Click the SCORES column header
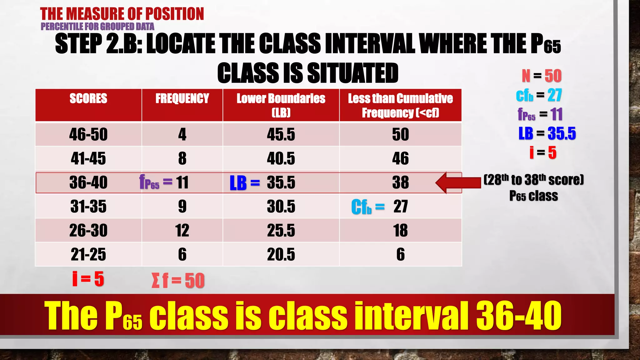tap(88, 99)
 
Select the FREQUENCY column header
tap(182, 99)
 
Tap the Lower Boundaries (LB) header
tap(281, 105)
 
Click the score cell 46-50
tap(88, 135)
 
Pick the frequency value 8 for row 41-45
tap(182, 158)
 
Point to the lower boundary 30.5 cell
tap(281, 207)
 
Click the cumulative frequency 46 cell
tap(400, 158)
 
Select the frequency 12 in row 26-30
tap(182, 231)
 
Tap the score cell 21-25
tap(88, 254)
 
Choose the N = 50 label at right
tap(542, 76)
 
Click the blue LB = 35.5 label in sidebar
tap(547, 133)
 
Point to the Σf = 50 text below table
tap(178, 280)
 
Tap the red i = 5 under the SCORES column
tap(88, 279)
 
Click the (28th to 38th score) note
tap(533, 180)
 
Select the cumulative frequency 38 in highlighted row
tap(400, 182)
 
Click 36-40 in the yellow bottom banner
tap(519, 316)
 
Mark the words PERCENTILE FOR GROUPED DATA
tap(97, 27)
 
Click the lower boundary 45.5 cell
tap(281, 135)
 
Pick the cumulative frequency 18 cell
tap(400, 231)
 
